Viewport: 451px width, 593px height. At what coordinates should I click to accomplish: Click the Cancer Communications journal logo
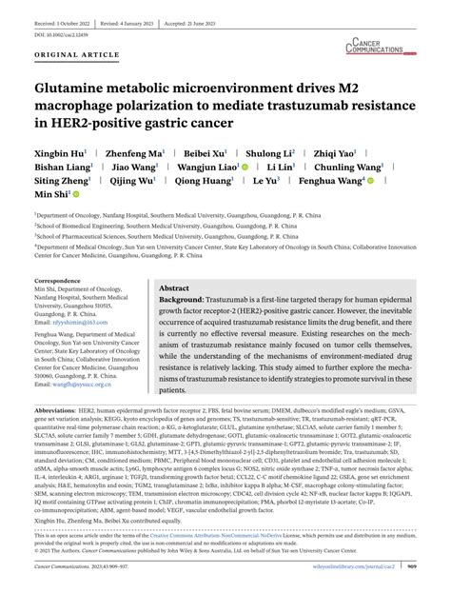click(x=384, y=45)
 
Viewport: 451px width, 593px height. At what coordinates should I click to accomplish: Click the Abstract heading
click(x=174, y=287)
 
